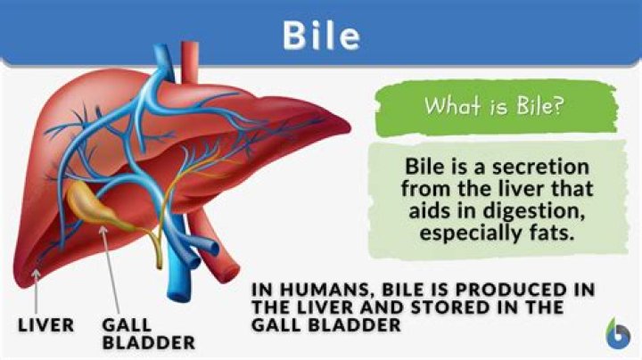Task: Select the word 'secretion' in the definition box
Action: tap(539, 168)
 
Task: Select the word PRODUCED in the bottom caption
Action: tap(500, 291)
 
